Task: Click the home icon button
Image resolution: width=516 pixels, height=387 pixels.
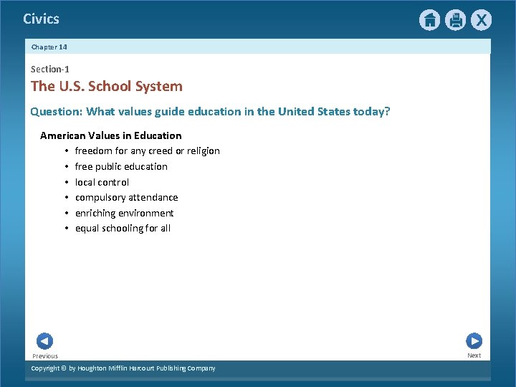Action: pos(429,20)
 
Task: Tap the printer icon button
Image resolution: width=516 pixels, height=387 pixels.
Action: pos(455,20)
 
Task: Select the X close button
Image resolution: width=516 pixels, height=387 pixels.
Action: pos(481,20)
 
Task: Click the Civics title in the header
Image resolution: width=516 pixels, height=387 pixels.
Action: pos(41,19)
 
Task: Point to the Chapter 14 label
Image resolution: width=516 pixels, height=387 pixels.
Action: pos(49,47)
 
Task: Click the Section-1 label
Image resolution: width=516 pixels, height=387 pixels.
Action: pos(50,70)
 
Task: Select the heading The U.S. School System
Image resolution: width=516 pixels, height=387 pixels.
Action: pos(107,87)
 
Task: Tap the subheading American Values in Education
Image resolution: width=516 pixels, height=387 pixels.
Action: pos(111,135)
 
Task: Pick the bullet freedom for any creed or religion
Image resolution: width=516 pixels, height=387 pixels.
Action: pos(147,151)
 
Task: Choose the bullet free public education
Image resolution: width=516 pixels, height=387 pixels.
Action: pos(121,167)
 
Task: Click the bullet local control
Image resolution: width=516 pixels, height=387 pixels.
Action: pos(102,182)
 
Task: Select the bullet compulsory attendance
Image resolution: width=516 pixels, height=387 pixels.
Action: pos(126,198)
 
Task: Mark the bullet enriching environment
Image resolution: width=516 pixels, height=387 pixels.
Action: pos(124,213)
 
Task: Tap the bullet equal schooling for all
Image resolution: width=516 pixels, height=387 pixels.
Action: pos(123,229)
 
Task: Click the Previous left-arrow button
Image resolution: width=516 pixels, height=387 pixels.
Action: pos(44,342)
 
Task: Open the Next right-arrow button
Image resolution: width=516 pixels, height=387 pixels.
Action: pos(474,341)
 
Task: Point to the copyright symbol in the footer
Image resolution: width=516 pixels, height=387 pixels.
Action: pos(63,368)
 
